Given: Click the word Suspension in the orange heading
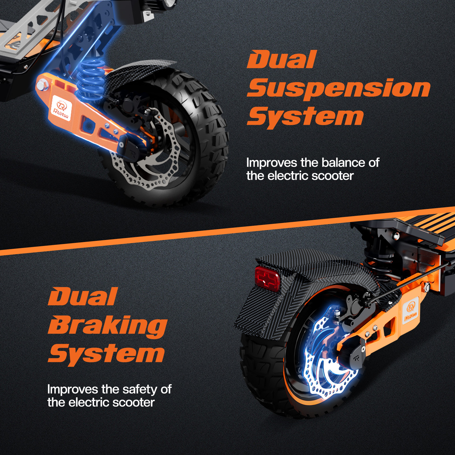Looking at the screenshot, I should coord(338,89).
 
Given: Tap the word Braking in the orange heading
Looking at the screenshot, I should coord(107,326).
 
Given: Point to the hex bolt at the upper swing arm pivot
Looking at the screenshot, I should coord(42,85).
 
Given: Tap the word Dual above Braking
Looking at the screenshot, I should coord(82,297).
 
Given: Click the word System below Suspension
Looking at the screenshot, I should coord(305,117).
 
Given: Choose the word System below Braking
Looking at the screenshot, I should coord(106,354).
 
